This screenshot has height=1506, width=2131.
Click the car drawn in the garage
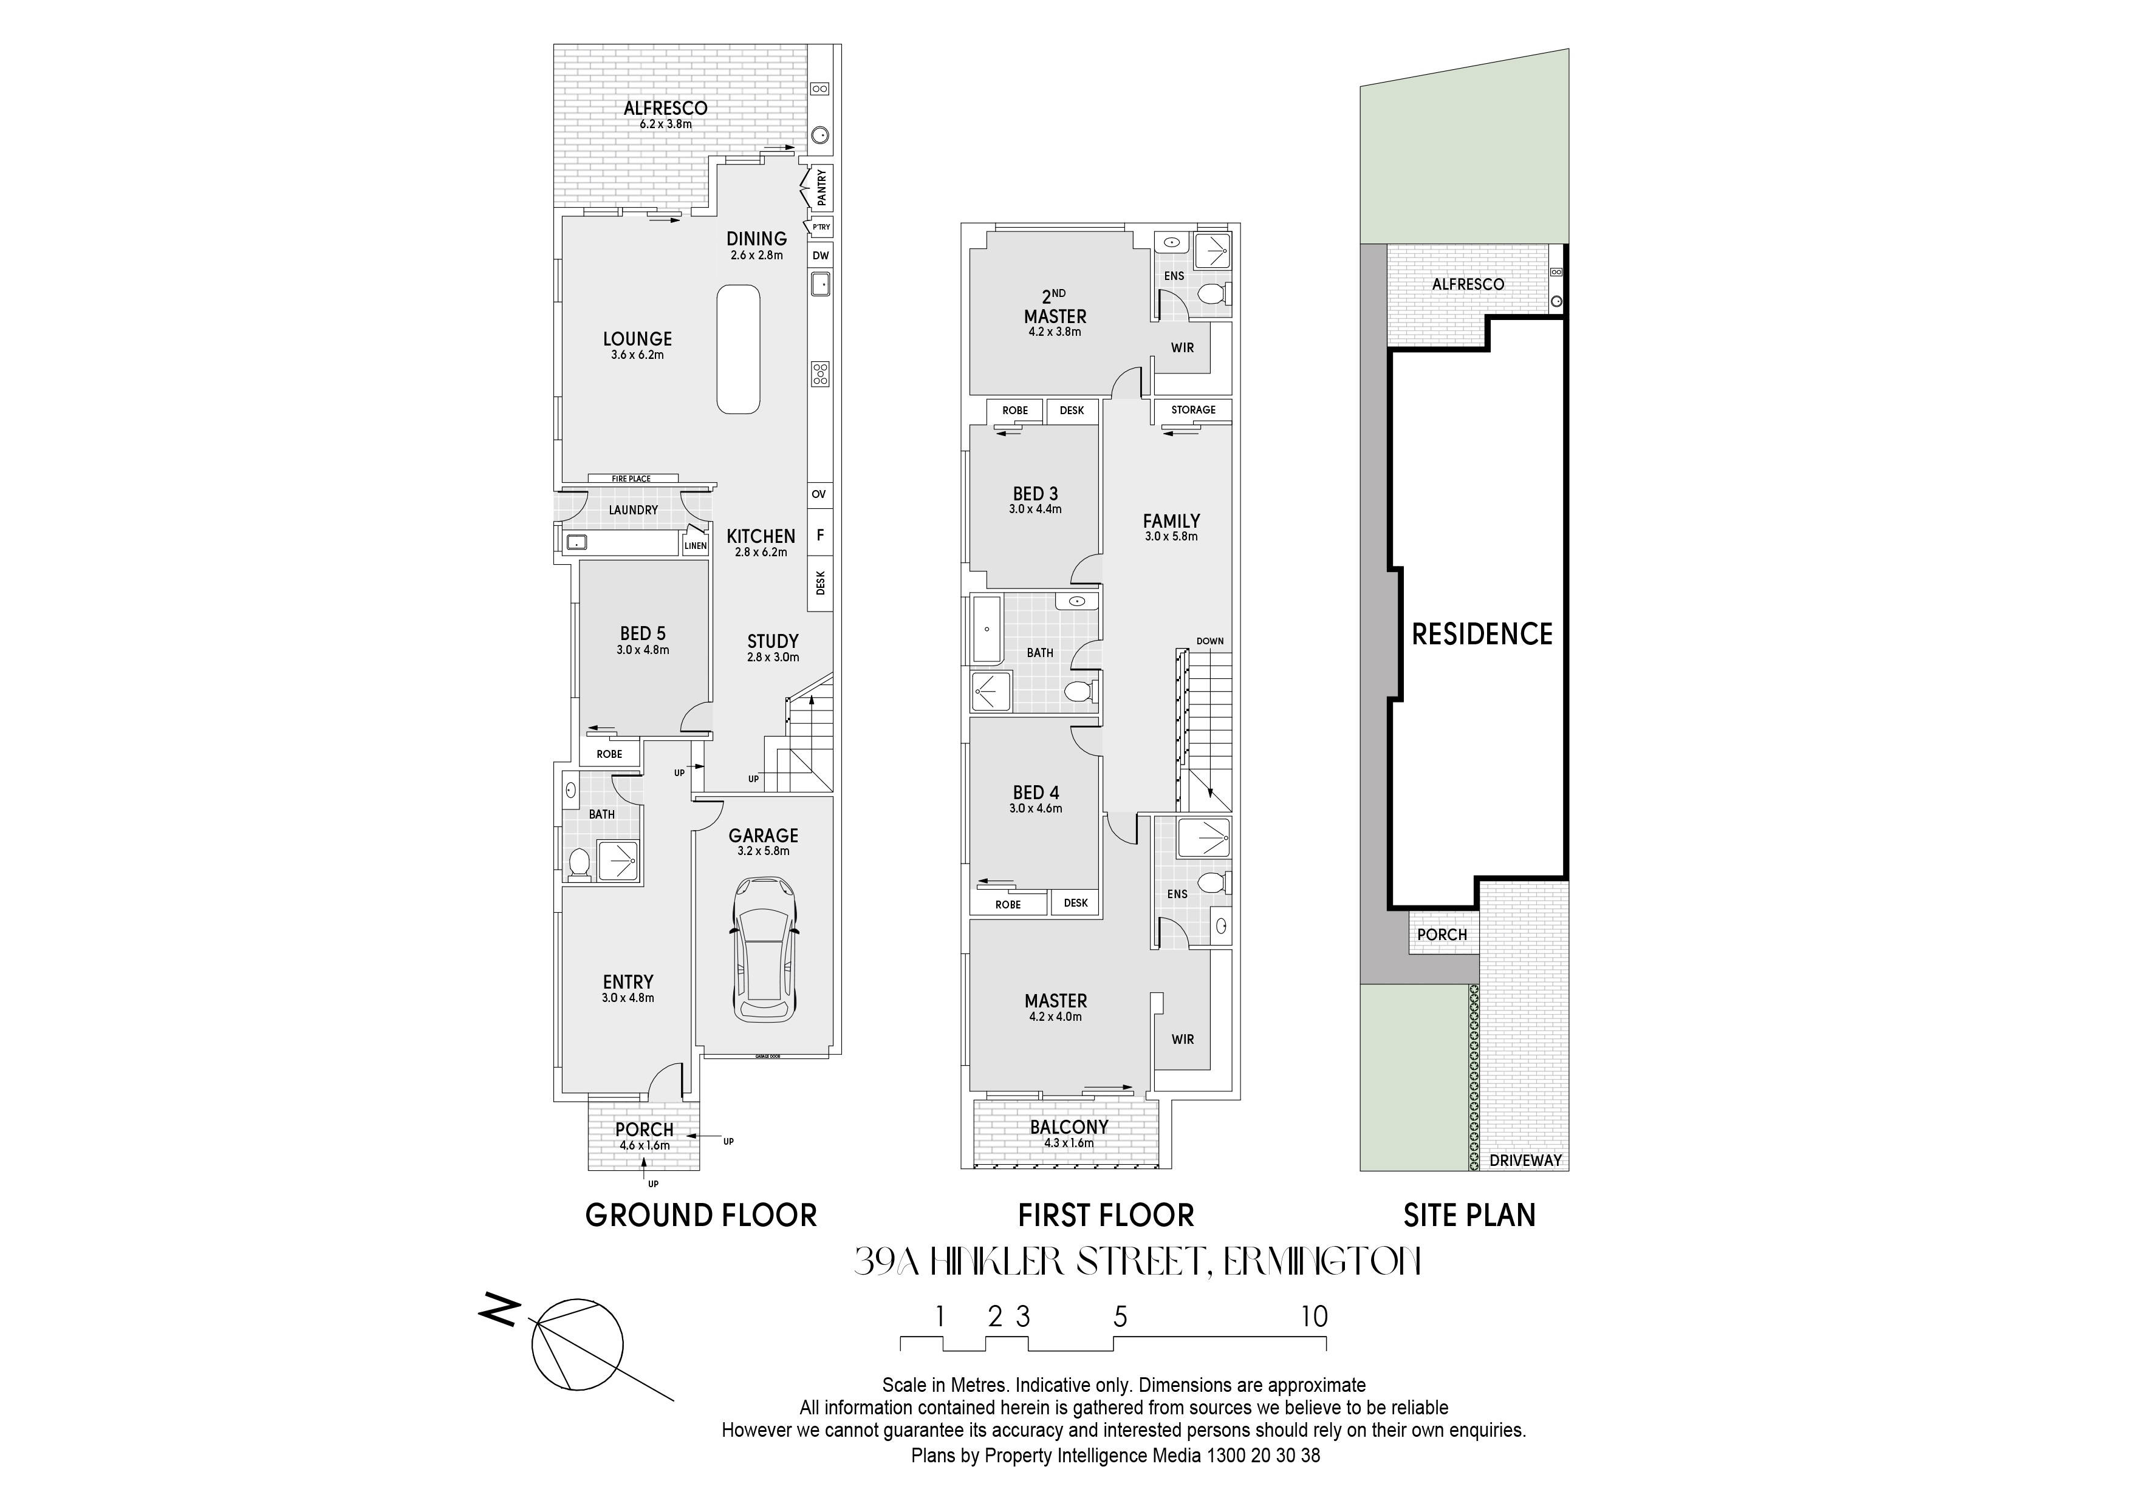pyautogui.click(x=764, y=951)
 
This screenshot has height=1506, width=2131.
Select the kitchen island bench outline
pyautogui.click(x=739, y=350)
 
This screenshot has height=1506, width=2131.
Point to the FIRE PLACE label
pyautogui.click(x=631, y=479)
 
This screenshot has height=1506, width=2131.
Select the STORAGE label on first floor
pyautogui.click(x=1192, y=410)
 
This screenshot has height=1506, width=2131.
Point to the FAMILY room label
pyautogui.click(x=1171, y=522)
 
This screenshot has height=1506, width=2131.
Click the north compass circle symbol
pyautogui.click(x=576, y=1344)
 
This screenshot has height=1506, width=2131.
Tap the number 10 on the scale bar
pyautogui.click(x=1314, y=1317)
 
